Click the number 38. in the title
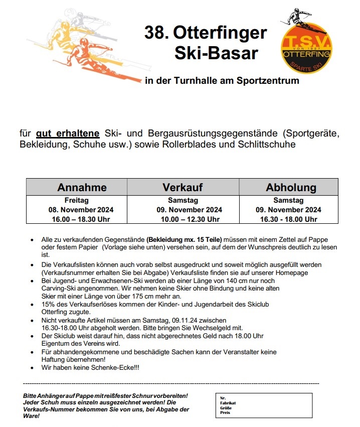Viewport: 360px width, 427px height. point(156,33)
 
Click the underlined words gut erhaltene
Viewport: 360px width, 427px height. point(68,134)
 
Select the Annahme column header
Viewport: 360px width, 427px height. point(82,187)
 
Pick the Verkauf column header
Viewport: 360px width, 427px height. point(183,187)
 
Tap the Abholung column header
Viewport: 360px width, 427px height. point(291,187)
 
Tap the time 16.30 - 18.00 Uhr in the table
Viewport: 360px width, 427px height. point(288,219)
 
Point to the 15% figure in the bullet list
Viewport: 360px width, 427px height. point(48,304)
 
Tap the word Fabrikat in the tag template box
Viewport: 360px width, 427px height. point(228,402)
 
